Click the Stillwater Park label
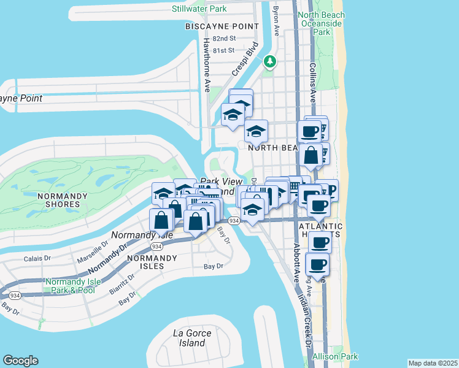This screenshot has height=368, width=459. [199, 9]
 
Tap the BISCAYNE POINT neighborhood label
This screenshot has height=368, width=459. [218, 27]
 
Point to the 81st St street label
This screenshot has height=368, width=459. [224, 50]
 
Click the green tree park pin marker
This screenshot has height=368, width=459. [269, 61]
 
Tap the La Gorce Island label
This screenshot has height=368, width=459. [192, 338]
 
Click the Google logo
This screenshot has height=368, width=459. [20, 361]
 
